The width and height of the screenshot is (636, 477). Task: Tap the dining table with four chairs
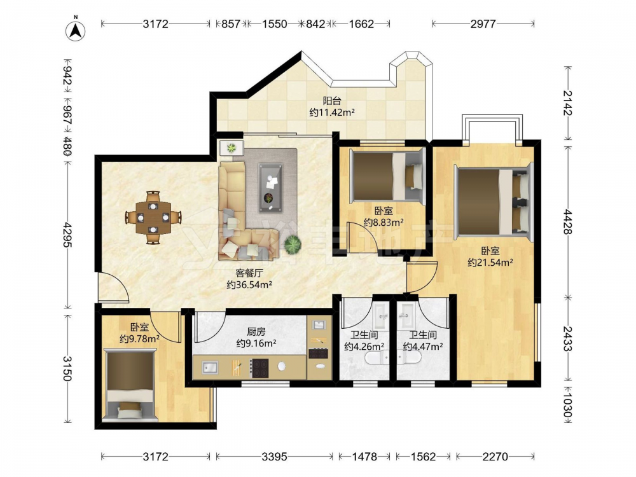click(x=153, y=218)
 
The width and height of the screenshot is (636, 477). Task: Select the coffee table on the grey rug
click(x=270, y=188)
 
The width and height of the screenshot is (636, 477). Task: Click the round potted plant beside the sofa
click(x=293, y=244)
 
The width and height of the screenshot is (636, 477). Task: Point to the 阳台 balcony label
click(x=332, y=100)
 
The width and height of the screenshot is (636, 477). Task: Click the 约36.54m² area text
click(x=249, y=285)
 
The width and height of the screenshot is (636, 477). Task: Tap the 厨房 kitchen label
click(x=256, y=332)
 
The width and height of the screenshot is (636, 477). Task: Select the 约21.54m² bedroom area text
click(x=490, y=263)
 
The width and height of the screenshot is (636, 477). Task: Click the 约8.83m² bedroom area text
click(x=384, y=222)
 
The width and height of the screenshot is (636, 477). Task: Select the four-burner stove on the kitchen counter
click(x=259, y=368)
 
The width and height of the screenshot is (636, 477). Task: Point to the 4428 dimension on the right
click(x=567, y=222)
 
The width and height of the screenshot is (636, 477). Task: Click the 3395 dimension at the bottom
click(x=274, y=457)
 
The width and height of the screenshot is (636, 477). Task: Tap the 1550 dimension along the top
click(x=275, y=24)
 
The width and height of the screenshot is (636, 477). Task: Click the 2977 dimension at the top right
click(x=483, y=24)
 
